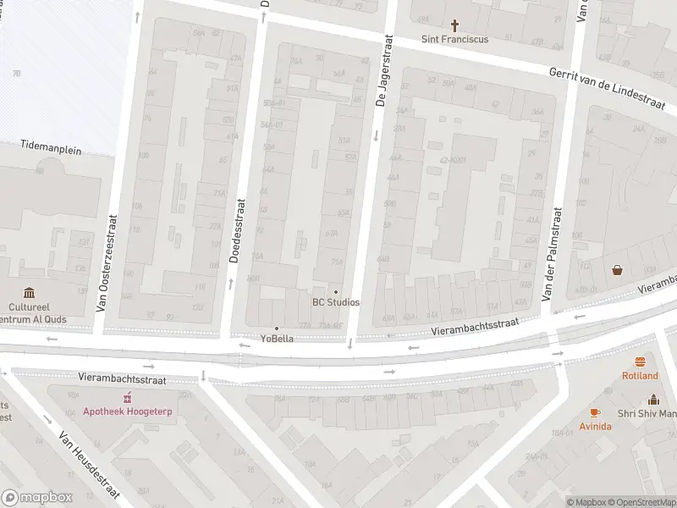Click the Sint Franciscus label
[x=455, y=40]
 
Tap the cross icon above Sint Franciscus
[x=455, y=25]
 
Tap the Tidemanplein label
[x=52, y=150]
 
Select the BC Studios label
[x=336, y=302]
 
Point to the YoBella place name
[x=276, y=340]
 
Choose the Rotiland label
[x=640, y=375]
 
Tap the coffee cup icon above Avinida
[x=595, y=412]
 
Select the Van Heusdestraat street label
[x=88, y=465]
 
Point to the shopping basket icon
[x=618, y=270]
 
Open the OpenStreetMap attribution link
[x=644, y=502]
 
